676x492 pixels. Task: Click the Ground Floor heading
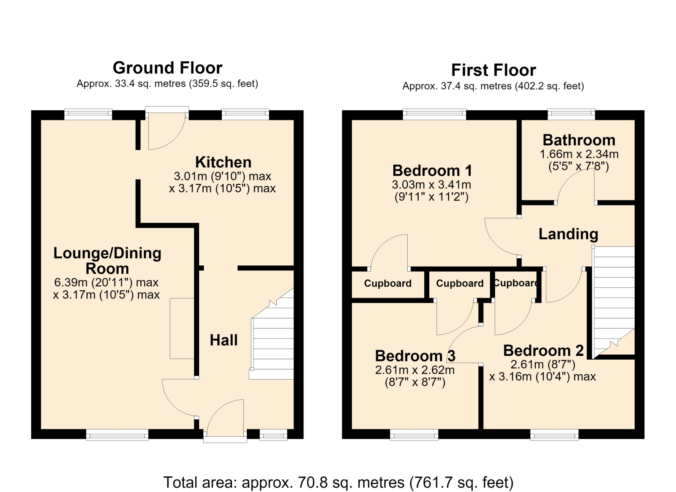(167, 68)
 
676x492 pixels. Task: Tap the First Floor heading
(493, 70)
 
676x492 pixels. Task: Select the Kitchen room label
(224, 162)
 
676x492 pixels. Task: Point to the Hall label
(224, 340)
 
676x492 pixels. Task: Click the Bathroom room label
(579, 140)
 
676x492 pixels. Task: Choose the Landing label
(568, 234)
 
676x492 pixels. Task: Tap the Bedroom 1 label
(432, 171)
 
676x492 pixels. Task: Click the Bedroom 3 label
(415, 356)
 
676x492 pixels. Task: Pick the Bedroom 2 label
(543, 351)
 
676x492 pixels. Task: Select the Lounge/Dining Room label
(107, 261)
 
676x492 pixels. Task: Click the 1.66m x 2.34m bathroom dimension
(579, 154)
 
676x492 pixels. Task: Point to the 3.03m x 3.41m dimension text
(431, 184)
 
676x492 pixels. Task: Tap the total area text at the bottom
(338, 482)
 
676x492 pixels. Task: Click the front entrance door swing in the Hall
(225, 418)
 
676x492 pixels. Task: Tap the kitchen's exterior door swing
(167, 131)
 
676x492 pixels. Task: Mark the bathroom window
(571, 114)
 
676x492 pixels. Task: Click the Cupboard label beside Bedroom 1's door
(388, 284)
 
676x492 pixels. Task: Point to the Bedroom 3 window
(414, 435)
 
